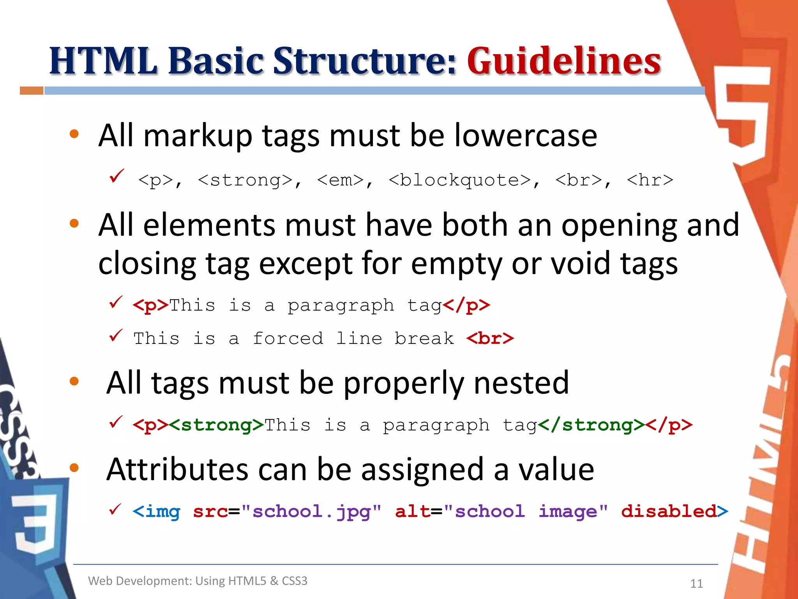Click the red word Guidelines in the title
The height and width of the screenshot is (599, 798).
coord(564,61)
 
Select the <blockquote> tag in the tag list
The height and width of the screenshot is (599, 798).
coord(460,180)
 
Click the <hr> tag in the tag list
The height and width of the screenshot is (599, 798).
coord(650,180)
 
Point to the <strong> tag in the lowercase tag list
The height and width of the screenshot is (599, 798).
coord(245,180)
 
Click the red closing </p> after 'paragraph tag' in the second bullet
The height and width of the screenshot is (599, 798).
coord(466,305)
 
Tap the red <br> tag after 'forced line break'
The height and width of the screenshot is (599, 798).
coord(490,338)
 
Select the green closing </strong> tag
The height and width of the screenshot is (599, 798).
coord(591,425)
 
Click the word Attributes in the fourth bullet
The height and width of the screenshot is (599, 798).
coord(177,470)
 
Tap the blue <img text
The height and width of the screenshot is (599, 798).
coord(157,512)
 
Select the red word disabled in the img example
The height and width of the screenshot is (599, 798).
coord(669,512)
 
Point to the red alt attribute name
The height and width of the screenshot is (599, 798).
coord(413,512)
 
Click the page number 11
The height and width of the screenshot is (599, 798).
coord(696,583)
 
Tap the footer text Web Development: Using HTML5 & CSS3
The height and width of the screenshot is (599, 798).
coord(198,581)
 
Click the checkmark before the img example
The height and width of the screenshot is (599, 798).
coord(115,509)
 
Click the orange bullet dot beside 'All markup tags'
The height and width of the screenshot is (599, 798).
coord(74,134)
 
